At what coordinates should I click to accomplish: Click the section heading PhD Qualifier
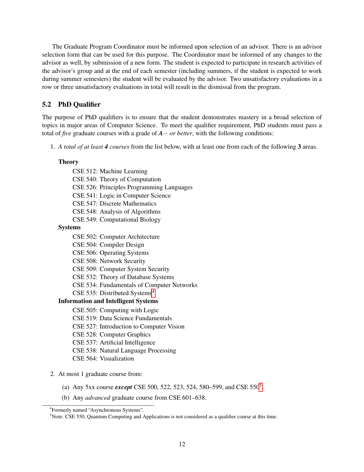(79, 105)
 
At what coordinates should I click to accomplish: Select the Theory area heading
(68, 162)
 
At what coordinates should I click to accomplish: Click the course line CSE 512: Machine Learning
(110, 171)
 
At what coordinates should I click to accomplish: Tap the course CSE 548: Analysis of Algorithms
(116, 212)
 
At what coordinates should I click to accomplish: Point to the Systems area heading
(69, 227)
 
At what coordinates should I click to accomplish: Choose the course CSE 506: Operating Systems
(110, 253)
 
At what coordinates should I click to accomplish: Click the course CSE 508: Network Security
(109, 261)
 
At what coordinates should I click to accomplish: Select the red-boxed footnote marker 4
(153, 292)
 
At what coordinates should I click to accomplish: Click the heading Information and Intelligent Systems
(108, 301)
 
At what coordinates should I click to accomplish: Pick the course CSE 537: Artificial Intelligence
(114, 342)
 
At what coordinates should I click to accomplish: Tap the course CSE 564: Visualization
(103, 359)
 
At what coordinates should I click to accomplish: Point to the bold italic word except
(123, 387)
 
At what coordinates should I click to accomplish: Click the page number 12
(182, 444)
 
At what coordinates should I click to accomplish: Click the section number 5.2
(47, 105)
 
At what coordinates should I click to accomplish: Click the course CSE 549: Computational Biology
(116, 220)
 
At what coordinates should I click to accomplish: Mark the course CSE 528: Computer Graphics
(111, 334)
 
